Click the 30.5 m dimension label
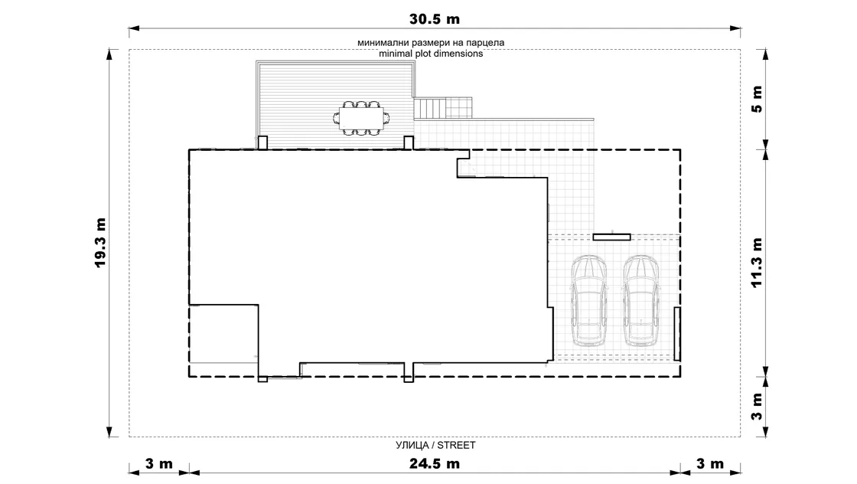pyautogui.click(x=435, y=19)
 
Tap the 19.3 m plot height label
pyautogui.click(x=100, y=243)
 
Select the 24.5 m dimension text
pyautogui.click(x=435, y=464)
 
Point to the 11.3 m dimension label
pyautogui.click(x=757, y=263)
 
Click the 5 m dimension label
pyautogui.click(x=757, y=99)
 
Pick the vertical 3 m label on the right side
pyautogui.click(x=757, y=407)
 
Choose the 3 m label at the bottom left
pyautogui.click(x=159, y=464)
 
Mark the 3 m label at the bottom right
pyautogui.click(x=710, y=464)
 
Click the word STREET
pyautogui.click(x=456, y=445)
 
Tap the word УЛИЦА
pyautogui.click(x=412, y=445)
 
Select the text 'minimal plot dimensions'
pyautogui.click(x=431, y=54)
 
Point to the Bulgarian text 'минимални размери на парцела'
pyautogui.click(x=431, y=43)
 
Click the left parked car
pyautogui.click(x=588, y=301)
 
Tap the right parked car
pyautogui.click(x=641, y=301)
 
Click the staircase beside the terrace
pyautogui.click(x=443, y=108)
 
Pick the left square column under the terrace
pyautogui.click(x=262, y=142)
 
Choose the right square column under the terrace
pyautogui.click(x=409, y=142)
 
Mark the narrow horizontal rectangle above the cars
pyautogui.click(x=612, y=237)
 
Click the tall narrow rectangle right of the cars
pyautogui.click(x=677, y=334)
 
